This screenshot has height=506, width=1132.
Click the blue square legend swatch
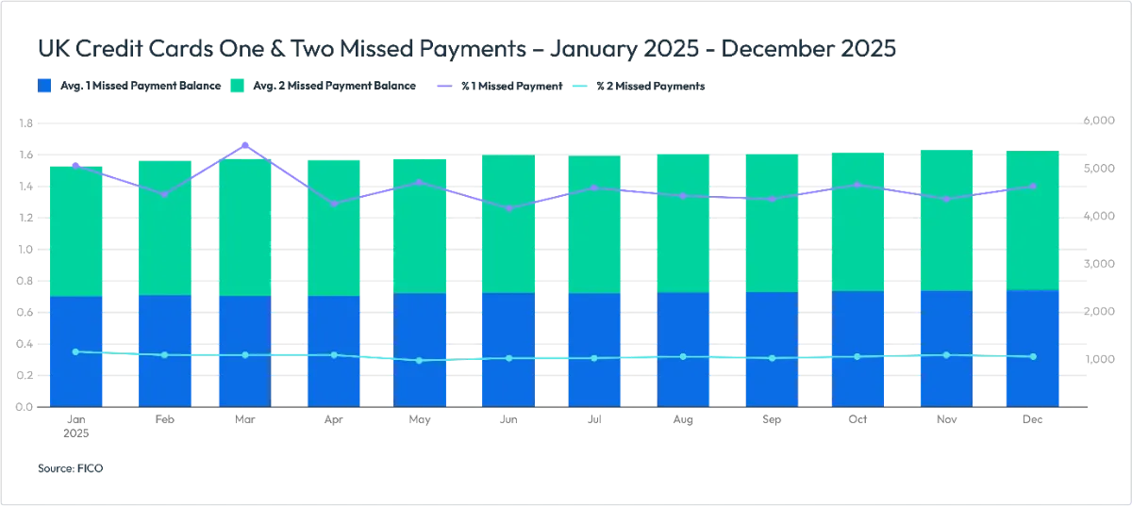46,86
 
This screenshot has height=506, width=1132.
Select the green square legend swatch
236,86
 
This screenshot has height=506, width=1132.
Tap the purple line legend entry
500,86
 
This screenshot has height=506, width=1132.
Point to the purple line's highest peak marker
246,145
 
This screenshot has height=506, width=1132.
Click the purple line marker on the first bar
75,164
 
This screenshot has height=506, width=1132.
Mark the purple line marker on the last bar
1033,186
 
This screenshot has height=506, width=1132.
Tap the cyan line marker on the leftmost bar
75,351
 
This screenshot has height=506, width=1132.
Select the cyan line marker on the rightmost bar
1033,356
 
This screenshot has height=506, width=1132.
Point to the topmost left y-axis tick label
26,122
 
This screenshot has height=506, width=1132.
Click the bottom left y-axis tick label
26,407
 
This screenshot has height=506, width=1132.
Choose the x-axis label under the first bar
75,425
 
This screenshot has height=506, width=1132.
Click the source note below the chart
73,465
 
